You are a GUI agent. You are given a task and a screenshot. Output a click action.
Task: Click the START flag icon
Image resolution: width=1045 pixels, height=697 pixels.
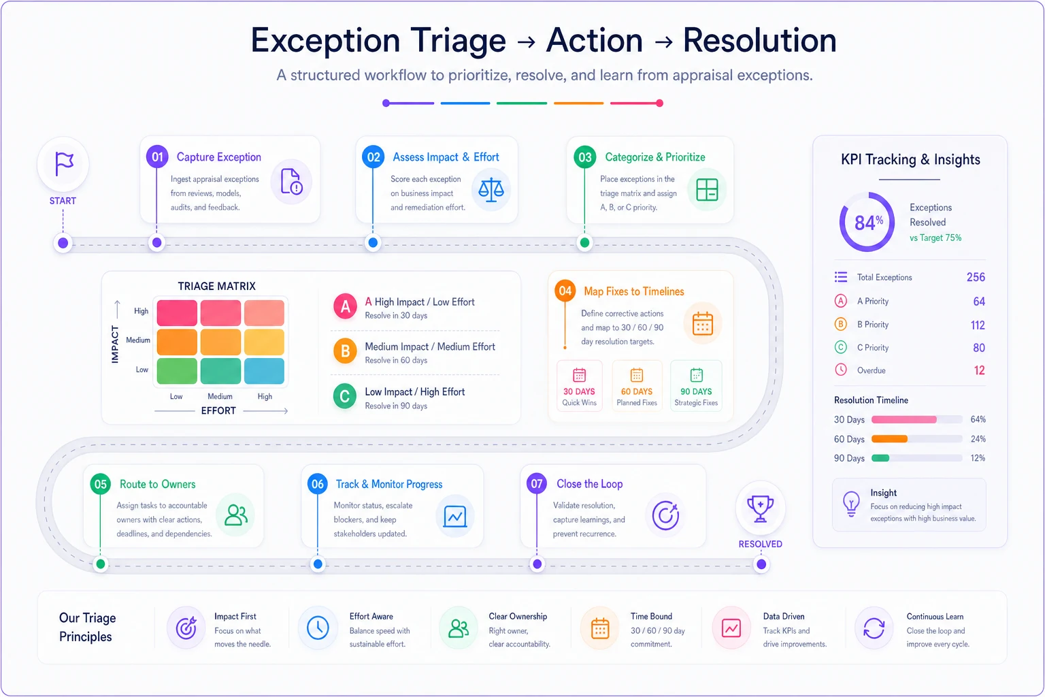[64, 163]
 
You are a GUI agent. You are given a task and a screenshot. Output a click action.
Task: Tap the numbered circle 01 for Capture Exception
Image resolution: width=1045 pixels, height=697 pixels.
[157, 157]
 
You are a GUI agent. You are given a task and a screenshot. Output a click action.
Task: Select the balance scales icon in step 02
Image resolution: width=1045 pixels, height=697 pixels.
[491, 189]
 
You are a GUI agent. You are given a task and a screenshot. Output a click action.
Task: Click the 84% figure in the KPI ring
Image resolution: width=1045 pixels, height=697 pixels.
[868, 222]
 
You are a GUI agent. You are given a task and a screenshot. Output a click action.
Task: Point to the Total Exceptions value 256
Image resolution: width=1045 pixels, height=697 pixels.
[976, 277]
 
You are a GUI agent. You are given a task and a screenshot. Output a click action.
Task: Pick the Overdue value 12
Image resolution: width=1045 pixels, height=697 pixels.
[979, 370]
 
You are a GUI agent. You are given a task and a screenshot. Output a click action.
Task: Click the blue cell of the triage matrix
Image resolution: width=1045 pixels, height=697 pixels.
[264, 371]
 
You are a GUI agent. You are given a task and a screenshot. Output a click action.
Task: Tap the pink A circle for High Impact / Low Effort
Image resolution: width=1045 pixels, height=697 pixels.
[345, 306]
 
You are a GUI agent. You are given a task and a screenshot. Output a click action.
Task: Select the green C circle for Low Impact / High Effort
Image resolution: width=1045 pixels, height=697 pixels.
[345, 396]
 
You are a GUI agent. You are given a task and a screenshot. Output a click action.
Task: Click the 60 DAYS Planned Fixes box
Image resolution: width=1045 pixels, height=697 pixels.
[637, 386]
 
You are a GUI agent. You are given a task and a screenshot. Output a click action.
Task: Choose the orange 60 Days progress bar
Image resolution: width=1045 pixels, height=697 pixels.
[889, 439]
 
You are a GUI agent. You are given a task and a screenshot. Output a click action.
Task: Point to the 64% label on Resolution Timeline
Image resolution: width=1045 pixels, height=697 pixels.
[978, 419]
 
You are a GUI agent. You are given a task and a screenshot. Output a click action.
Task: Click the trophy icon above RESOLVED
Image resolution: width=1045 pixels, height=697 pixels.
[761, 508]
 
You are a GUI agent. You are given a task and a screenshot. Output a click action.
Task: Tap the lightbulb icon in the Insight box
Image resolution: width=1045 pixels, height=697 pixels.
[851, 504]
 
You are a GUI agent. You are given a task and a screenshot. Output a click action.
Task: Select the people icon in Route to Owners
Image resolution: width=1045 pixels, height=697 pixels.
[235, 515]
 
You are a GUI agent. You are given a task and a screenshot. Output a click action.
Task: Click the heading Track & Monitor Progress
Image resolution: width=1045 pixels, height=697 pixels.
[389, 484]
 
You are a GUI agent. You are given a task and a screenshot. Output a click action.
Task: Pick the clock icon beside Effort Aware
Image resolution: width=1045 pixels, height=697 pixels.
[318, 628]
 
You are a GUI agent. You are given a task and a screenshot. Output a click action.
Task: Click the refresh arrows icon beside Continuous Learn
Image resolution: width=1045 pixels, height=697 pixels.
[874, 628]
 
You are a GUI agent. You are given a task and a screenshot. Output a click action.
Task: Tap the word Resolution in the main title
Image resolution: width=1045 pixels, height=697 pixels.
[759, 40]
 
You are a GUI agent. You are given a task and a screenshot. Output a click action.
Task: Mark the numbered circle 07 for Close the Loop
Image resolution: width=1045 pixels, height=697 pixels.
[537, 484]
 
